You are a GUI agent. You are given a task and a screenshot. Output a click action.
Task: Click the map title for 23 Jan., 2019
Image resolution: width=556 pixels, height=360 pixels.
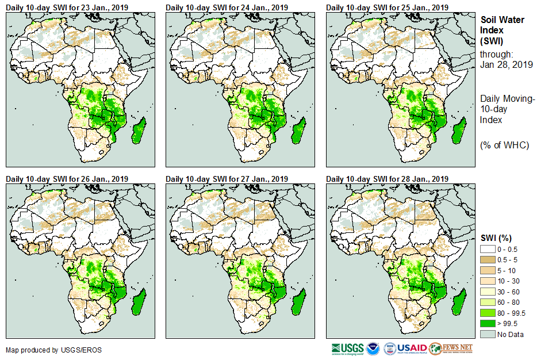(67, 7)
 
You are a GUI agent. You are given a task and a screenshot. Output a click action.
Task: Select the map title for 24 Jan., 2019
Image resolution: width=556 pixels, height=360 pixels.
(227, 7)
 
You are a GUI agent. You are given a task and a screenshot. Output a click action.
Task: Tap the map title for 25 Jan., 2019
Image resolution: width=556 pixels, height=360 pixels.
(387, 7)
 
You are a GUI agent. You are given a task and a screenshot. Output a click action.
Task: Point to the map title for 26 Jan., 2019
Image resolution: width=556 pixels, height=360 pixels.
(67, 179)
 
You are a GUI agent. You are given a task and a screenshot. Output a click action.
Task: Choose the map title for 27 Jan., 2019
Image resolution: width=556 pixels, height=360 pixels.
(227, 179)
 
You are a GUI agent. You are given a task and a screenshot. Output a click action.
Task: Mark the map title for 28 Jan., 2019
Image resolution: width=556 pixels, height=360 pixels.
(387, 179)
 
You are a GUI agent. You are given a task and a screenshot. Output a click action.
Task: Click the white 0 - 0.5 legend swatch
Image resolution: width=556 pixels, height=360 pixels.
(487, 249)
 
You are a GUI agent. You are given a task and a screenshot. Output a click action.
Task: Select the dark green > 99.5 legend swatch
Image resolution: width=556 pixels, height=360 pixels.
(487, 324)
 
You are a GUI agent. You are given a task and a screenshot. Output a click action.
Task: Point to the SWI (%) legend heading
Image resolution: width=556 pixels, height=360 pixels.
(496, 238)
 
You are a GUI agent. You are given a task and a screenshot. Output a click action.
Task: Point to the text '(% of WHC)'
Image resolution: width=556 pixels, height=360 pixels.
(504, 145)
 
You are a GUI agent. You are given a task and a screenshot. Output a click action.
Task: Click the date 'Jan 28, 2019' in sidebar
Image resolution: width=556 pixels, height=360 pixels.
(506, 64)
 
